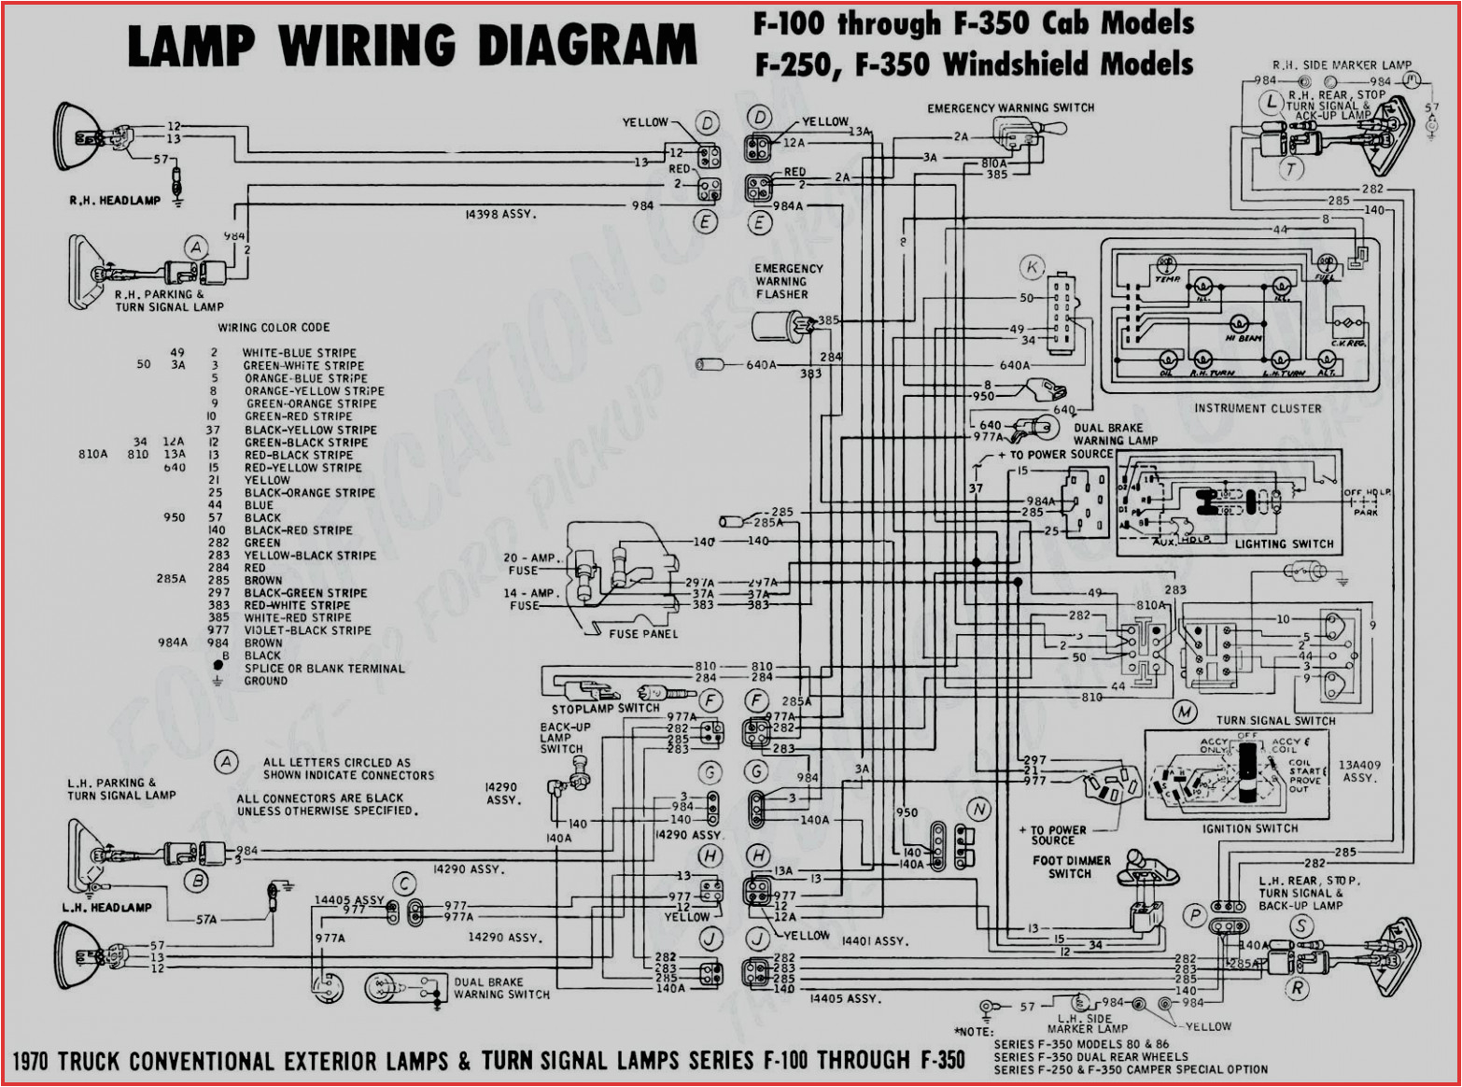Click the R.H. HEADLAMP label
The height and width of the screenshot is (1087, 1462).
click(x=115, y=200)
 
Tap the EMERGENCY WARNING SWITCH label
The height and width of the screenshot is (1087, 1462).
click(x=1010, y=108)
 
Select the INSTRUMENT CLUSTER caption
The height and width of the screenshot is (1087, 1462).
click(x=1258, y=408)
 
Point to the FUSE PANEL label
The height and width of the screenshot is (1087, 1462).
click(x=643, y=634)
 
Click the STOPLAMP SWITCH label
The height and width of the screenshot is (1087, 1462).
click(x=605, y=708)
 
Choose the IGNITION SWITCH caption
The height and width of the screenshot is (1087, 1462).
click(x=1249, y=828)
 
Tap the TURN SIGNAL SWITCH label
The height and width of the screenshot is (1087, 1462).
click(x=1275, y=720)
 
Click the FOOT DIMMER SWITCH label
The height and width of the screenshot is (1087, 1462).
click(x=1071, y=867)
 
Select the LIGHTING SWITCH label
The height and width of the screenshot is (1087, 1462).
click(x=1284, y=543)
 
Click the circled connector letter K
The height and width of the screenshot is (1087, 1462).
click(x=1032, y=267)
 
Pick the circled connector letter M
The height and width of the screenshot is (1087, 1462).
click(x=1185, y=713)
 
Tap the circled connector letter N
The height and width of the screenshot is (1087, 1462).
click(x=978, y=810)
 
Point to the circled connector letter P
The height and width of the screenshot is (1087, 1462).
click(x=1195, y=916)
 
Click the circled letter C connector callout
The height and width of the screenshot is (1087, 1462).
click(x=404, y=883)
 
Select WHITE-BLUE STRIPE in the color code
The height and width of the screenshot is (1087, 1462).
click(x=299, y=353)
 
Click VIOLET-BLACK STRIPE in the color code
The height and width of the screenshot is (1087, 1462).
click(x=307, y=630)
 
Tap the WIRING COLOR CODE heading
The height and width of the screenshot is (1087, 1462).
click(x=274, y=328)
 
